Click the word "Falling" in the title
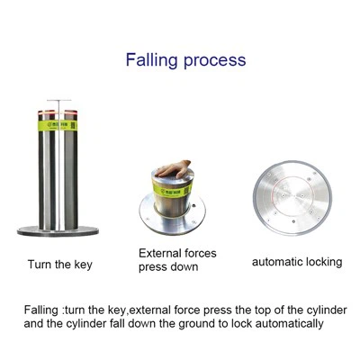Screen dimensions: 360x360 [151, 59]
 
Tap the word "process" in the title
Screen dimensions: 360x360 [215, 61]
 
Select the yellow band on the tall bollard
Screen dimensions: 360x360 [58, 125]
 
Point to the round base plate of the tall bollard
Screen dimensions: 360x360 [58, 231]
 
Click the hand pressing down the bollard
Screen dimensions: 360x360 [174, 169]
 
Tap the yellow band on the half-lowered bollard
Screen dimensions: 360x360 [172, 191]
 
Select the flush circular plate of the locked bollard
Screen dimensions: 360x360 [292, 198]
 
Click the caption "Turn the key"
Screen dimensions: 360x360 [60, 265]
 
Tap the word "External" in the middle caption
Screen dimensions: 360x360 [159, 253]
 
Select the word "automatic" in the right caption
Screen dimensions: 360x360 [276, 262]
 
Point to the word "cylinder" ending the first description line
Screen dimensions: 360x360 [327, 310]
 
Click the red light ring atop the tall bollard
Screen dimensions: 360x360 [58, 112]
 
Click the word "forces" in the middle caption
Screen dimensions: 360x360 [201, 253]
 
